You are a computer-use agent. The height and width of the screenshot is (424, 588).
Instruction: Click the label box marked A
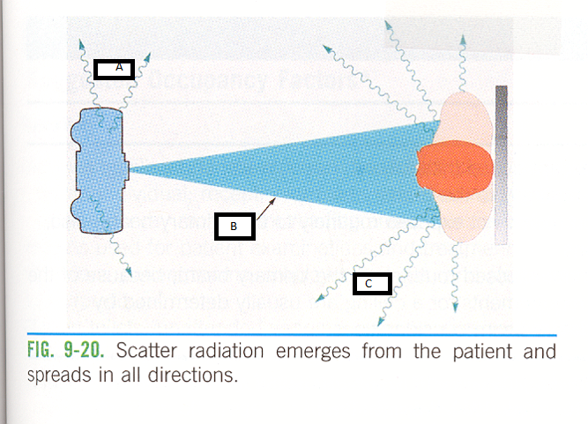click(114, 69)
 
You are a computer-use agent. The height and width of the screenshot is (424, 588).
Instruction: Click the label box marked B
click(234, 227)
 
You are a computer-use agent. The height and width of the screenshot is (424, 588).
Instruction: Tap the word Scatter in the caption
click(147, 352)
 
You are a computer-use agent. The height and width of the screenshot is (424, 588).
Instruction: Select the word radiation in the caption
click(231, 352)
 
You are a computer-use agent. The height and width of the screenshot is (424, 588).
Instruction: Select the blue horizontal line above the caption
click(291, 335)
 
